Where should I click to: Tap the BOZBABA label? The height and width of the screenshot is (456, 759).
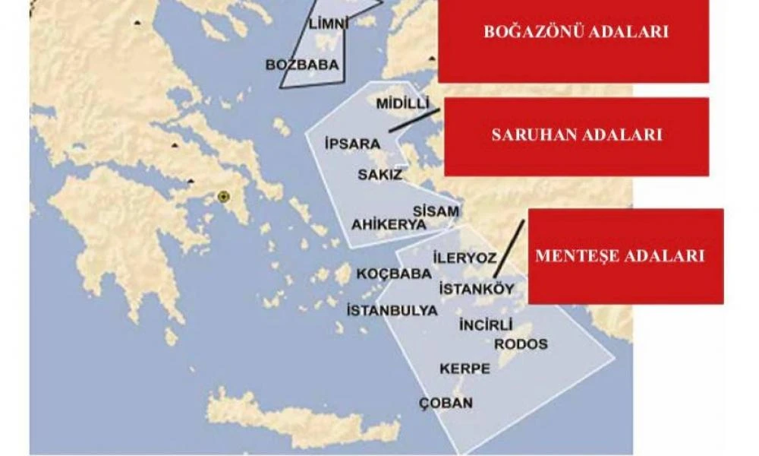[x=301, y=65]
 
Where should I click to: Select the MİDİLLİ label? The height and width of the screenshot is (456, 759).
[x=403, y=103]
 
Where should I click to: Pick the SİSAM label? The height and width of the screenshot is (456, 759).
[x=436, y=211]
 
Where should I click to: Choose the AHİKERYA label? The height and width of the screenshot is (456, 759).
[x=389, y=225]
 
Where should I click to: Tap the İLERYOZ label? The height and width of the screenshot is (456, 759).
[x=464, y=258]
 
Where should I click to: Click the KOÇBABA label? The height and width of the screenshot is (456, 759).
[x=388, y=274]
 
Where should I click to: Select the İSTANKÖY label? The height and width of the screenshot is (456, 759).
[x=477, y=289]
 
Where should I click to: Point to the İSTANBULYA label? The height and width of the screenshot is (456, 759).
[x=392, y=310]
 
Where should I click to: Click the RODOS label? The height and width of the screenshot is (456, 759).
[x=521, y=344]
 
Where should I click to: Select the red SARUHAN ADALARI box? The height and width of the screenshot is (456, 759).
[x=576, y=136]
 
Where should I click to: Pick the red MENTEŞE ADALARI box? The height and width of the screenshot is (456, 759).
[x=625, y=256]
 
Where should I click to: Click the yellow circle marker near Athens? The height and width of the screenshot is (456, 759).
[x=223, y=197]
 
